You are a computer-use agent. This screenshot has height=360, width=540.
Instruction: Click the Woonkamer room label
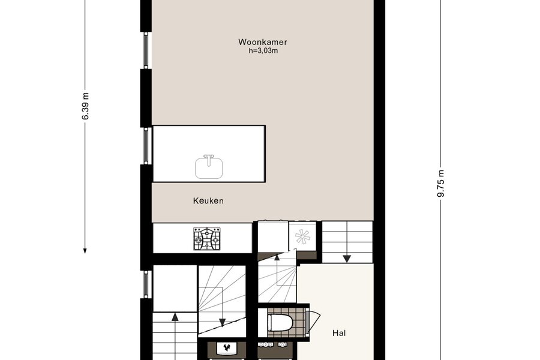click(262, 42)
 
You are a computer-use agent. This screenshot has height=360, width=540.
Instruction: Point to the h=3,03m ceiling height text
click(263, 51)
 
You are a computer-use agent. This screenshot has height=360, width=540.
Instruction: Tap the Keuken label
click(208, 200)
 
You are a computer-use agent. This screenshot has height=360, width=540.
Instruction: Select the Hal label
click(339, 333)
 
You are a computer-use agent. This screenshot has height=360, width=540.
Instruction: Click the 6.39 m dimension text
click(85, 106)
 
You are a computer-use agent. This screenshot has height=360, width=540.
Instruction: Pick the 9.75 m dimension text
click(441, 184)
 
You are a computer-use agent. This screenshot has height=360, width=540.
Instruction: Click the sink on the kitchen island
click(209, 167)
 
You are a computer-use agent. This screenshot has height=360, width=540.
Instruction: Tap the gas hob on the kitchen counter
click(206, 238)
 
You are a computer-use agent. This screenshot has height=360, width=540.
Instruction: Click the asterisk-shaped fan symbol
click(303, 236)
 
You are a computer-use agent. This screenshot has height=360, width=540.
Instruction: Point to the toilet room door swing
click(315, 322)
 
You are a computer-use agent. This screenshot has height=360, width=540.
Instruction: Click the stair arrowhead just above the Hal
click(347, 259)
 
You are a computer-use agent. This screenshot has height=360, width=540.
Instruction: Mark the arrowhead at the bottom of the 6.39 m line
click(85, 250)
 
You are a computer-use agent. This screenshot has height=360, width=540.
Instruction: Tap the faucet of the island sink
click(209, 159)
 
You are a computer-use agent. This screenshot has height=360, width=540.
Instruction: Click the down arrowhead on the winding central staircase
click(222, 322)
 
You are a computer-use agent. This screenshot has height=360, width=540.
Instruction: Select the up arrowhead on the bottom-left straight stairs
click(175, 316)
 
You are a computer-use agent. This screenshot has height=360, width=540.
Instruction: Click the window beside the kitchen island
click(146, 145)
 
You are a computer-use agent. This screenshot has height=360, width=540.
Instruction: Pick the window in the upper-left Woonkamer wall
click(146, 50)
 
